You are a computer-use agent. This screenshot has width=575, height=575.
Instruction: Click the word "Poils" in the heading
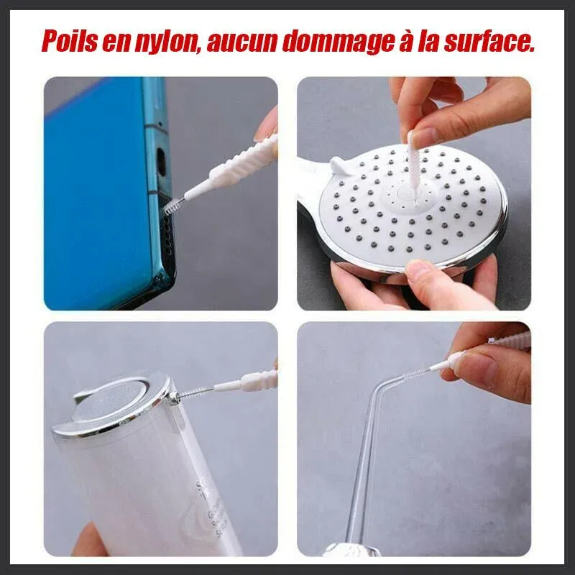tap(69, 41)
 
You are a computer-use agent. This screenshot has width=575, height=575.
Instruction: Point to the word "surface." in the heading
tap(489, 41)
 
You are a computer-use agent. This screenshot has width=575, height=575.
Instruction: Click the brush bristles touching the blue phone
tap(173, 206)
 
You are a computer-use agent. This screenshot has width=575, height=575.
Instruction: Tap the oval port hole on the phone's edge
tap(161, 160)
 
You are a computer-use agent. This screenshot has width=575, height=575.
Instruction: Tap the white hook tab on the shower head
tap(344, 165)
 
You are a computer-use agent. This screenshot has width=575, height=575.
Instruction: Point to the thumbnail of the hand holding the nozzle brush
tap(477, 367)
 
